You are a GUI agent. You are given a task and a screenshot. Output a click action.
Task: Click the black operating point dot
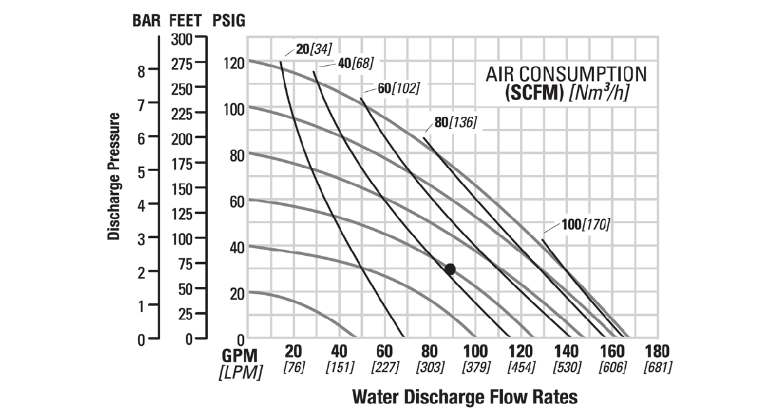click(x=450, y=269)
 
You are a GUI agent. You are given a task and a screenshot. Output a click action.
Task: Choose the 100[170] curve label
click(x=585, y=224)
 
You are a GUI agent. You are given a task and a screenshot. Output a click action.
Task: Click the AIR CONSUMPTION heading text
click(x=566, y=73)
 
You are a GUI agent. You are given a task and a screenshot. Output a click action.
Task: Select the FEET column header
click(x=186, y=20)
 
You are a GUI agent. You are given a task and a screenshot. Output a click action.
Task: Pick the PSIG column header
click(x=228, y=20)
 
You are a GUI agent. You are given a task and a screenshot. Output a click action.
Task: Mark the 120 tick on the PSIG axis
click(x=232, y=63)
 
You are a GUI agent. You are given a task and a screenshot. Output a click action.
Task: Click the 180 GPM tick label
click(x=657, y=351)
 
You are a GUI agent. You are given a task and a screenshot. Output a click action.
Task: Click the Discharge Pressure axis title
click(x=114, y=177)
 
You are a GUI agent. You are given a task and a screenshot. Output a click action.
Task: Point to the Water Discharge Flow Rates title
click(x=464, y=396)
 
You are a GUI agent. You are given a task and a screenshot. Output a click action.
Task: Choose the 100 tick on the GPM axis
click(x=475, y=351)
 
